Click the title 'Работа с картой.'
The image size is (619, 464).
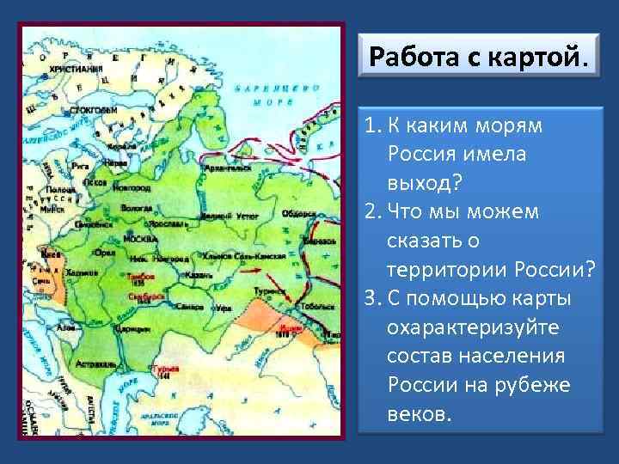(480, 59)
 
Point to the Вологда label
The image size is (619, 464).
(135, 208)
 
